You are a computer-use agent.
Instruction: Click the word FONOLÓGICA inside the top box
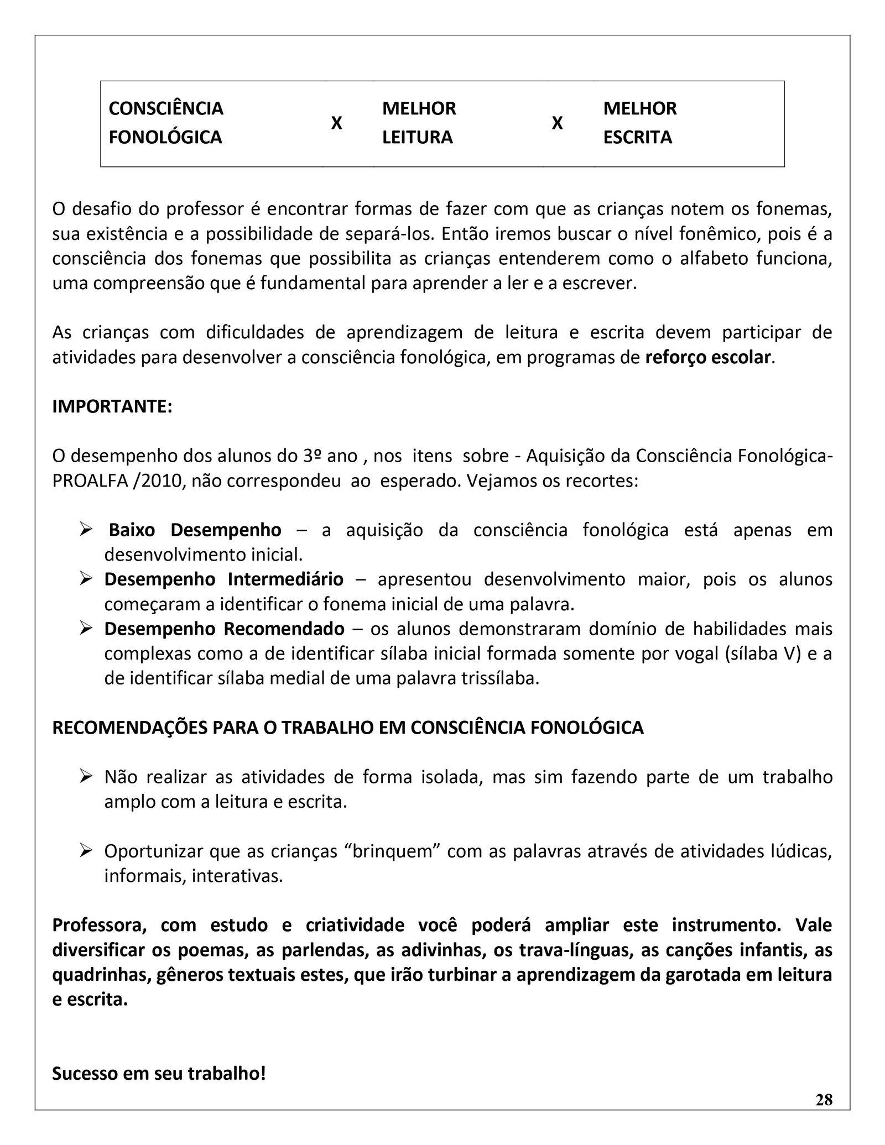point(165,137)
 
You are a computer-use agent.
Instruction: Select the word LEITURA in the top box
point(417,137)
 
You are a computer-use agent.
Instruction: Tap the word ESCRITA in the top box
point(637,137)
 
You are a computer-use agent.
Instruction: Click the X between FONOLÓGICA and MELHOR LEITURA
point(336,123)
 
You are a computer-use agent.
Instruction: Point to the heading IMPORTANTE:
point(112,406)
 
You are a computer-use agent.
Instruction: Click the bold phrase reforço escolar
point(708,357)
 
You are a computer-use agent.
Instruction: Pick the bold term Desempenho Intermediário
point(223,579)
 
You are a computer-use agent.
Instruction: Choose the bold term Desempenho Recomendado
point(224,629)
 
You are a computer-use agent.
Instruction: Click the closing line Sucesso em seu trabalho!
point(159,1074)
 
